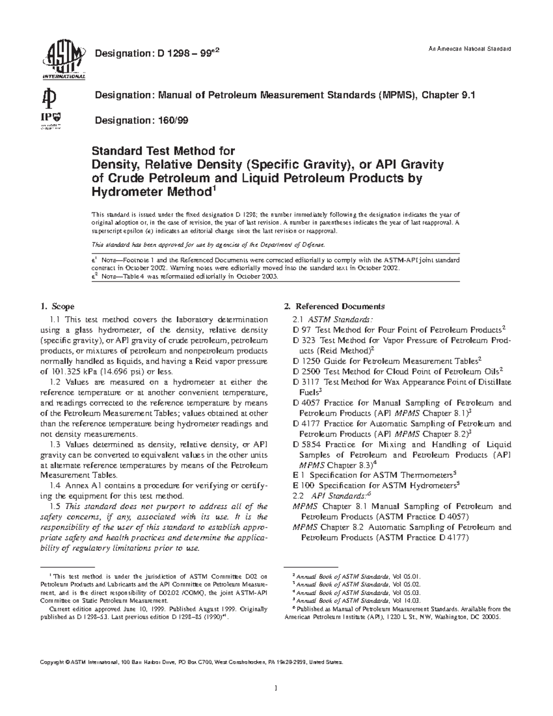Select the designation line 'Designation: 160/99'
pos(141,120)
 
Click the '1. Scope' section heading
pos(58,306)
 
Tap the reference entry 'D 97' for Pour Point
pos(301,330)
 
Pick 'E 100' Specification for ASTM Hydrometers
pos(302,485)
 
